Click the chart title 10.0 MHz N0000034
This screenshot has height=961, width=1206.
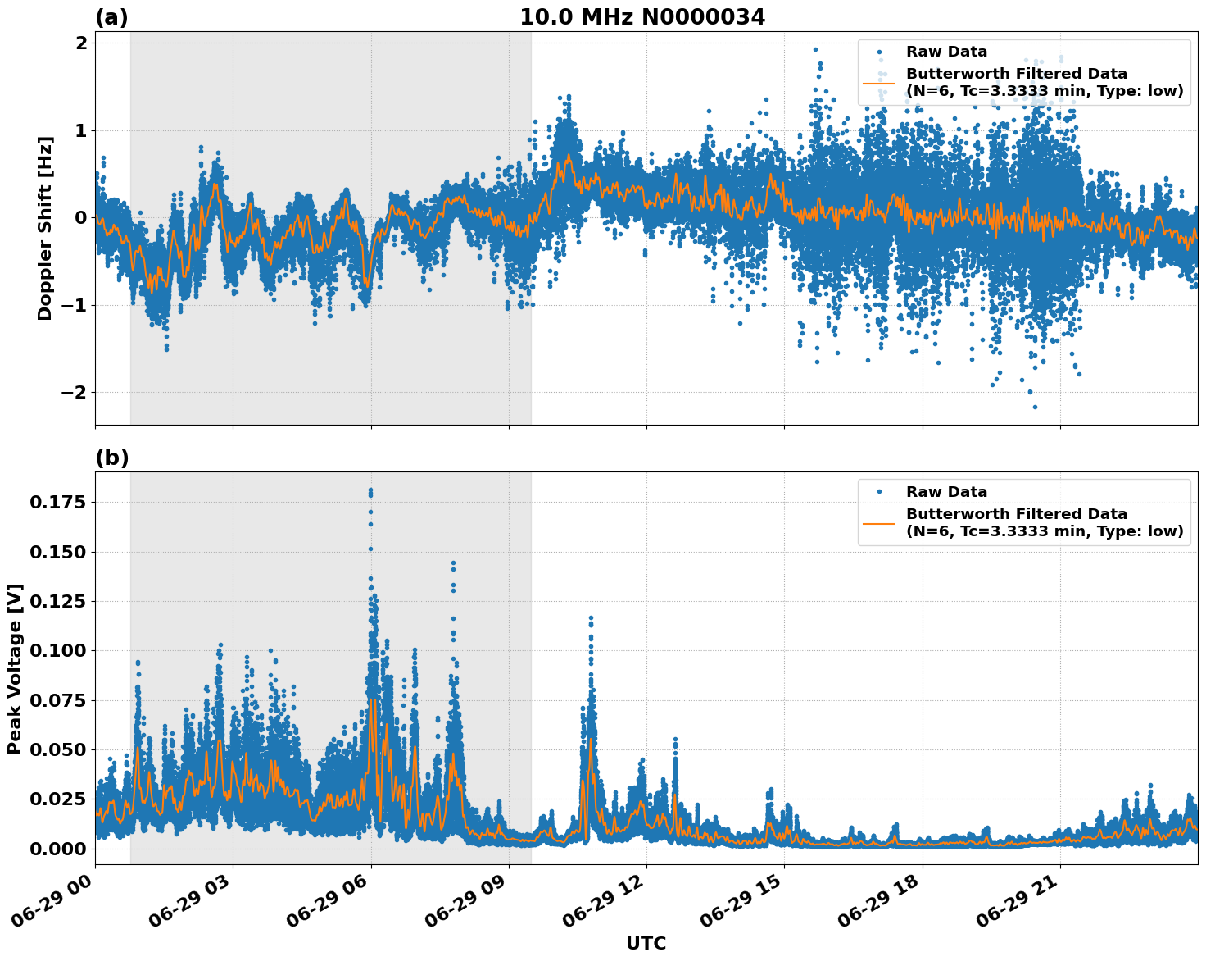[642, 17]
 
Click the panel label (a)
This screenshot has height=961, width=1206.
[111, 17]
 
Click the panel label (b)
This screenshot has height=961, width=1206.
[112, 458]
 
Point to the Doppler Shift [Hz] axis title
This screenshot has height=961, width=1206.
[45, 228]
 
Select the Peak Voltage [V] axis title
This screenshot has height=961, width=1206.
[15, 668]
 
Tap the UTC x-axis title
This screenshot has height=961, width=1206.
[646, 943]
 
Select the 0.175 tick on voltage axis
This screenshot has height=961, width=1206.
[57, 502]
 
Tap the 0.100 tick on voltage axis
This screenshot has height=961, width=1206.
[57, 650]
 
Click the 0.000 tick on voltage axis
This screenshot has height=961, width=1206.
[57, 849]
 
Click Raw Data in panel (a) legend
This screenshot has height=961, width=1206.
[946, 52]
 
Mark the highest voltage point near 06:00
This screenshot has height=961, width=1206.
[370, 490]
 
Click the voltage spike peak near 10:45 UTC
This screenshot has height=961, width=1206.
[591, 617]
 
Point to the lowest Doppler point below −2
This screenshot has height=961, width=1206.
[1035, 407]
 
